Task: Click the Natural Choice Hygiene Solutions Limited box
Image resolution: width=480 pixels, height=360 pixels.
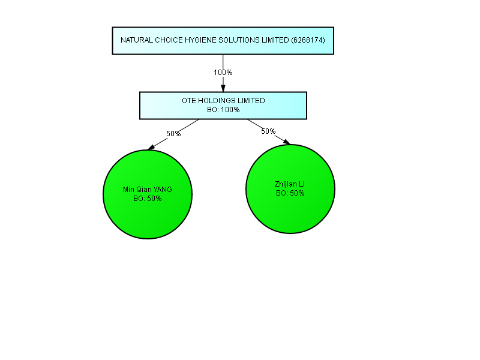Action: click(223, 41)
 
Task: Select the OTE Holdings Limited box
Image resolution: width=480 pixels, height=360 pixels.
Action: click(223, 106)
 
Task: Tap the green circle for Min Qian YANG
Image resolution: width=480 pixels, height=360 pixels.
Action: click(148, 194)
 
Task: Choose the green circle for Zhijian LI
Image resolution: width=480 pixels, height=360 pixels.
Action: click(290, 189)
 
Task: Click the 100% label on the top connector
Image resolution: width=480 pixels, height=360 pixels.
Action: click(223, 73)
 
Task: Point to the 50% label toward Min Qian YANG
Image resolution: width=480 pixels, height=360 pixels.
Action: click(173, 134)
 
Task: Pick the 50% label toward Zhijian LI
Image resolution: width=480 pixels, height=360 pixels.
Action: click(268, 131)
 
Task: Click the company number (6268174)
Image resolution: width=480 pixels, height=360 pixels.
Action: click(308, 40)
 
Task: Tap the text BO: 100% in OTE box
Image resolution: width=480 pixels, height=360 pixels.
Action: click(223, 110)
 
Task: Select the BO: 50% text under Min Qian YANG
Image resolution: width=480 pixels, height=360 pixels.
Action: click(148, 199)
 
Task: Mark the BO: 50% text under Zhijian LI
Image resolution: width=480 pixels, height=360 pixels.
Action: click(290, 193)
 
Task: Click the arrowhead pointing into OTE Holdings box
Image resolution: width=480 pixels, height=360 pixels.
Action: click(223, 88)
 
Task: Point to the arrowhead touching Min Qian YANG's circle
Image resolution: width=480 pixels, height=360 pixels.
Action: click(151, 147)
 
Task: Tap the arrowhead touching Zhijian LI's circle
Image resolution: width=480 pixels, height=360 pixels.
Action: click(287, 142)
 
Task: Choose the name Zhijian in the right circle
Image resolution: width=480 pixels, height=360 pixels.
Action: click(286, 184)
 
